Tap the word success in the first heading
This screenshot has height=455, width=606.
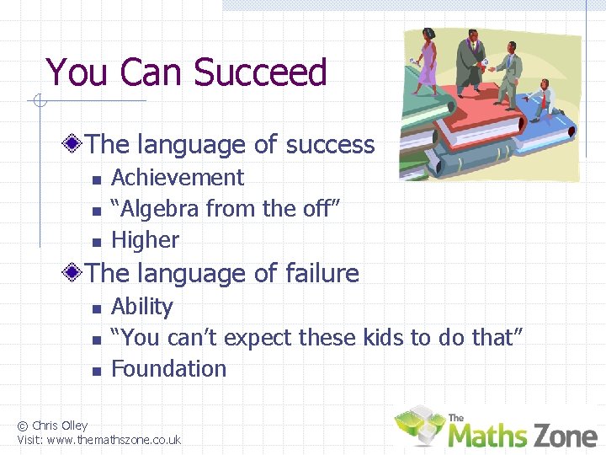(x=330, y=145)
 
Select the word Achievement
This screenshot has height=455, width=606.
(x=178, y=178)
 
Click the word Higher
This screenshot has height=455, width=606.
(x=145, y=240)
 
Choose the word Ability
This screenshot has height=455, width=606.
(x=141, y=307)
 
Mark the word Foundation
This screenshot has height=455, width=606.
(x=168, y=369)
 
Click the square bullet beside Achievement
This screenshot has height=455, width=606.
(x=96, y=179)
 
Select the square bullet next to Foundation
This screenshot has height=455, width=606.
(x=96, y=371)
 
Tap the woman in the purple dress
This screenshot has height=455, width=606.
(x=428, y=59)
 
